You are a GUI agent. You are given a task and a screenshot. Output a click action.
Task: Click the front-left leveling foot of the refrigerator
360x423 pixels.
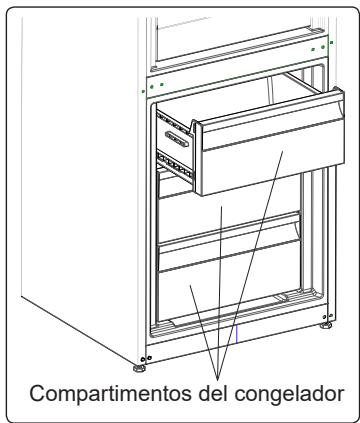pyautogui.click(x=146, y=358)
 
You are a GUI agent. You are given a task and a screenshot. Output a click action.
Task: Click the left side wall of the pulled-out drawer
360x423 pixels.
pyautogui.click(x=178, y=150)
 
